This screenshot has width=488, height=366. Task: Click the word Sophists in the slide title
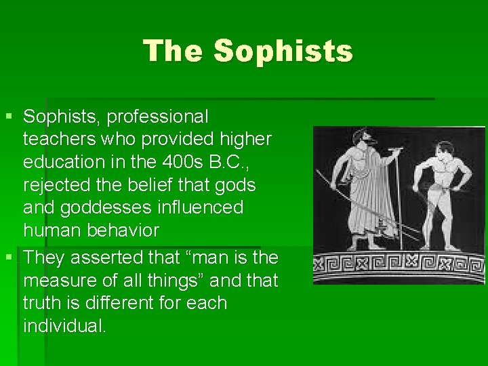point(283,51)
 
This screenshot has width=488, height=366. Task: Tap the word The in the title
point(174,51)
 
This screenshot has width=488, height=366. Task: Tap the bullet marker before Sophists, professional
point(8,117)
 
